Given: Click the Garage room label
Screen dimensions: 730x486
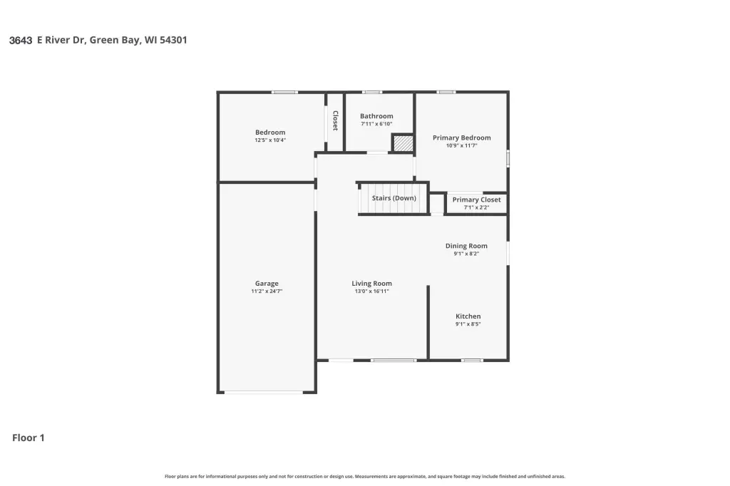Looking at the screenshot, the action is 267,283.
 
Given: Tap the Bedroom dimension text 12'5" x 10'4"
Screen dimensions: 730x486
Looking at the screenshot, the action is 270,140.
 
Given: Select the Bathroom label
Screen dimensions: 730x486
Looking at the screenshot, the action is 376,116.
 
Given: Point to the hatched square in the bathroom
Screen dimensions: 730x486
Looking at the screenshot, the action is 403,143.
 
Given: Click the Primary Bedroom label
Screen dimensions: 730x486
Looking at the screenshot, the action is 462,138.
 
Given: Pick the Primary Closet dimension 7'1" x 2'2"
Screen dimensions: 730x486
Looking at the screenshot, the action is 476,207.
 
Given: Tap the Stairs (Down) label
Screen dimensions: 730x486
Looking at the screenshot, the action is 394,198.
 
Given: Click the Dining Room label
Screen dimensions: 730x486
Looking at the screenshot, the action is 466,246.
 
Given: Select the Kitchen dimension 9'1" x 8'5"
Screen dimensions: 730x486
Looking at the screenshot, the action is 468,324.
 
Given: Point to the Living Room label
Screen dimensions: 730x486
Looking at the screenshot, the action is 371,283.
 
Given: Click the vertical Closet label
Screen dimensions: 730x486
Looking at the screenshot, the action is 335,120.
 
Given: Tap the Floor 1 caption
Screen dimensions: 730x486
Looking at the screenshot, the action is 29,438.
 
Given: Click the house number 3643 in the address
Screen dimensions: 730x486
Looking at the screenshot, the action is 21,40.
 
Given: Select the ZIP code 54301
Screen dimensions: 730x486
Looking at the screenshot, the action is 173,40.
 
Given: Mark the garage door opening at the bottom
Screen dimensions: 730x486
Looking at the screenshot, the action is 264,393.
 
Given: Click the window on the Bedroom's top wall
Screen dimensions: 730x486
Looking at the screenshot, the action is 284,92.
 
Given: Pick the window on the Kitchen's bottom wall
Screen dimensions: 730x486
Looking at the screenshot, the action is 472,360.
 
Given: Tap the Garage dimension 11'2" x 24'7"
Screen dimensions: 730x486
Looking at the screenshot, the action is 267,291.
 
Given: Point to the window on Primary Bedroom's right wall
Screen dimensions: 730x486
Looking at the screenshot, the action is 508,158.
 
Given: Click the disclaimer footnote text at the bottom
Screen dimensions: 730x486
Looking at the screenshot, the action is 365,476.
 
